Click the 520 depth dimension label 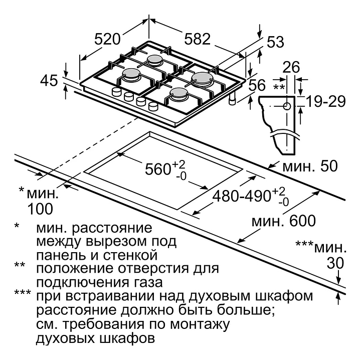pyautogui.click(x=107, y=39)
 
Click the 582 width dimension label pyautogui.click(x=198, y=39)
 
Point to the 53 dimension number pyautogui.click(x=275, y=42)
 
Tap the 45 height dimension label pyautogui.click(x=49, y=81)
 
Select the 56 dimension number pyautogui.click(x=257, y=85)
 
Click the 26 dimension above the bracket pyautogui.click(x=291, y=67)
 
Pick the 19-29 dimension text pyautogui.click(x=326, y=101)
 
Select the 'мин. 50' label pyautogui.click(x=310, y=166)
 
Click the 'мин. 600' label pyautogui.click(x=284, y=221)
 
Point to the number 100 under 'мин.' pyautogui.click(x=40, y=209)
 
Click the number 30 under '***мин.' pyautogui.click(x=335, y=263)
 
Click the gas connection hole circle pyautogui.click(x=287, y=106)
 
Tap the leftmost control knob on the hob pyautogui.click(x=116, y=92)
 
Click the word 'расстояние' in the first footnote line pyautogui.click(x=112, y=228)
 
